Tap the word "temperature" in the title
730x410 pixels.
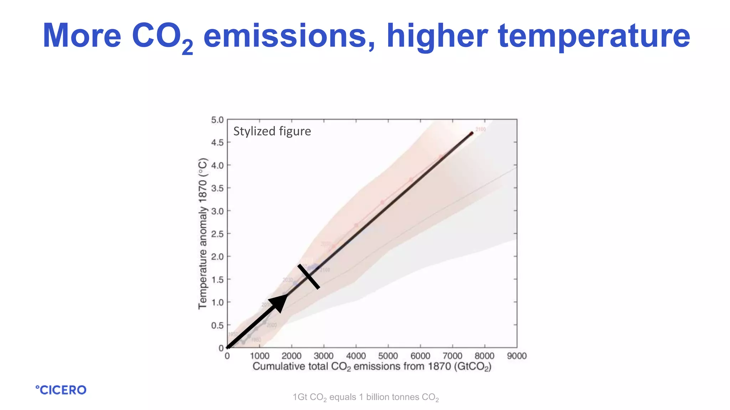tap(594, 36)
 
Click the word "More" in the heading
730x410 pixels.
tap(82, 36)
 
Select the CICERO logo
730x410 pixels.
tap(61, 390)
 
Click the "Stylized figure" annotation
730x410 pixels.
tap(272, 131)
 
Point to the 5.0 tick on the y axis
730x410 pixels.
tap(217, 120)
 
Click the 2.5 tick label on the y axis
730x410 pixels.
tap(217, 234)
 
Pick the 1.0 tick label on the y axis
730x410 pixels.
tap(217, 303)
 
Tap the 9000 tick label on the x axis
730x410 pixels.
tap(516, 356)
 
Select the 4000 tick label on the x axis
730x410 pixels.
tap(356, 356)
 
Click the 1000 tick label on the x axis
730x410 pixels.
tap(259, 356)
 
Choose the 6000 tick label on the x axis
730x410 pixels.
tap(420, 356)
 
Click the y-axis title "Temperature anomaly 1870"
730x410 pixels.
tap(202, 233)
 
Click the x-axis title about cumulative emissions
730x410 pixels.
tap(372, 367)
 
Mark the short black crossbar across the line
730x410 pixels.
tap(309, 276)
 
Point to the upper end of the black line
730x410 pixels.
tap(471, 134)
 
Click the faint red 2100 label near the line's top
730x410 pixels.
tap(480, 129)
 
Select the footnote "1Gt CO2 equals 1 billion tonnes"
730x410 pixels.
tap(365, 397)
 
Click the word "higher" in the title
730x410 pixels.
tap(437, 36)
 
